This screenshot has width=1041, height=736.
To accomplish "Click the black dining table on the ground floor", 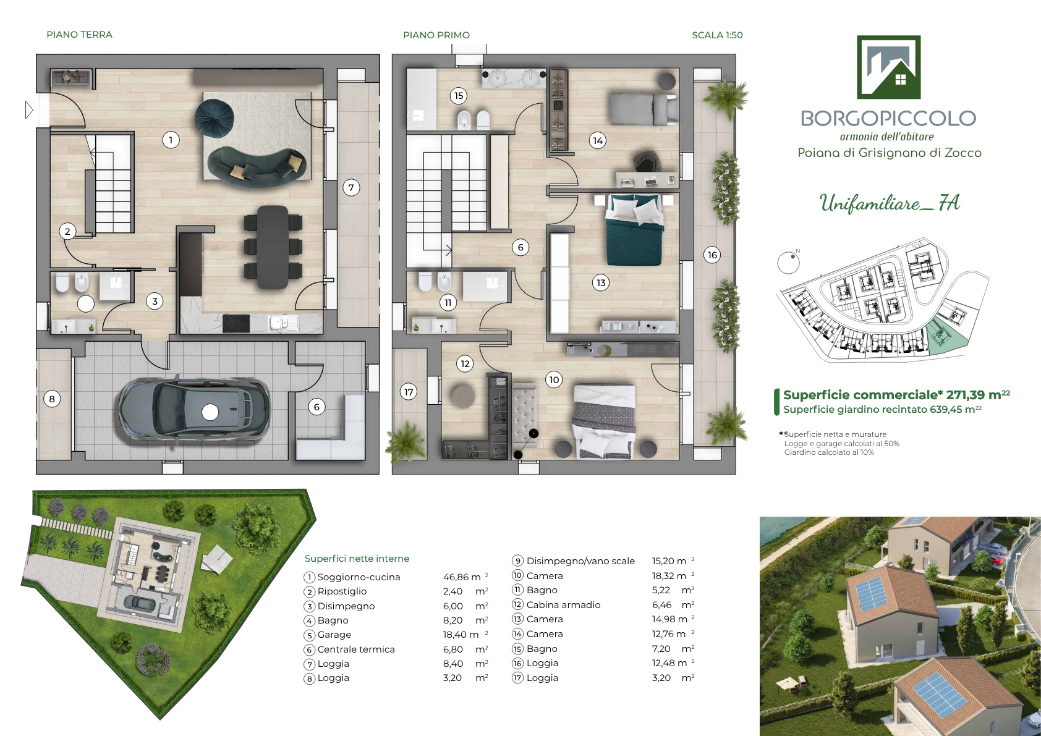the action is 273,247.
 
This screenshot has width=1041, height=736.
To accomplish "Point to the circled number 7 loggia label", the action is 351,188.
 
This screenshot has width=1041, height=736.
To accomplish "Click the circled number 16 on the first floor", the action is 712,255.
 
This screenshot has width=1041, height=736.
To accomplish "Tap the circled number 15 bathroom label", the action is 459,96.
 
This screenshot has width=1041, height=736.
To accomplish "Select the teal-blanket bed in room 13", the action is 635,229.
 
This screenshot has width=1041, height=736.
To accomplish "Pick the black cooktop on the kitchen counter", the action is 236,323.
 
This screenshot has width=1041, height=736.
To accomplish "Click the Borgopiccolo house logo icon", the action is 888,67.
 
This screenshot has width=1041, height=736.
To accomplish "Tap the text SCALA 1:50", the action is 717,35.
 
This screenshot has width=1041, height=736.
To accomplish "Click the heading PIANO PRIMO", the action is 436,35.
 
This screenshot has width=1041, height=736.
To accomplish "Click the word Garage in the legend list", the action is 334,635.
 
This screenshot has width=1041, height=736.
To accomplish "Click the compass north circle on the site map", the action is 788,263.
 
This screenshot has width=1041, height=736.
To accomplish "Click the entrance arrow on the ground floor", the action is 29,110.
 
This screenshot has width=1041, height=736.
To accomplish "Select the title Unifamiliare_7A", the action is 890,203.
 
